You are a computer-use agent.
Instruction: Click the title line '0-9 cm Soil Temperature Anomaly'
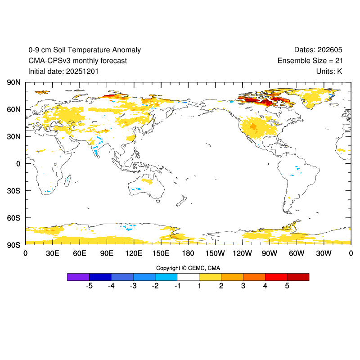84,50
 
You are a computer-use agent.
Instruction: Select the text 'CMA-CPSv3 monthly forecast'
77,61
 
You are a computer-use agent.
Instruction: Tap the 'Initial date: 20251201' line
63,71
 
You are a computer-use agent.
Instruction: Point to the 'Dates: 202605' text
318,50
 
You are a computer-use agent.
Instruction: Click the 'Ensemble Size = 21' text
310,61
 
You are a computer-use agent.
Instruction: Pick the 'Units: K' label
329,71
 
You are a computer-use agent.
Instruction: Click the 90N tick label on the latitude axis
13,82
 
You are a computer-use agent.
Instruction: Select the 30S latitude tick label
13,191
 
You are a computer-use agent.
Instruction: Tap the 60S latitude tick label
13,218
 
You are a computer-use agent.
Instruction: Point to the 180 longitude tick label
188,253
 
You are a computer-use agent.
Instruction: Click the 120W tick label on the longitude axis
242,253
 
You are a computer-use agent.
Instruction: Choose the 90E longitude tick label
107,253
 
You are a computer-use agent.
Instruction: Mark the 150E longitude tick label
161,253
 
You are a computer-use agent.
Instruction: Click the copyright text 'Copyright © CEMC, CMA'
188,268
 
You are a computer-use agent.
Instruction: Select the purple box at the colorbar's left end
78,277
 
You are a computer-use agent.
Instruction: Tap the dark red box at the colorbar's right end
298,277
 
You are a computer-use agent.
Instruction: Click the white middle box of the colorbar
188,277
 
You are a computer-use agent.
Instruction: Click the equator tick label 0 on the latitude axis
18,164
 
